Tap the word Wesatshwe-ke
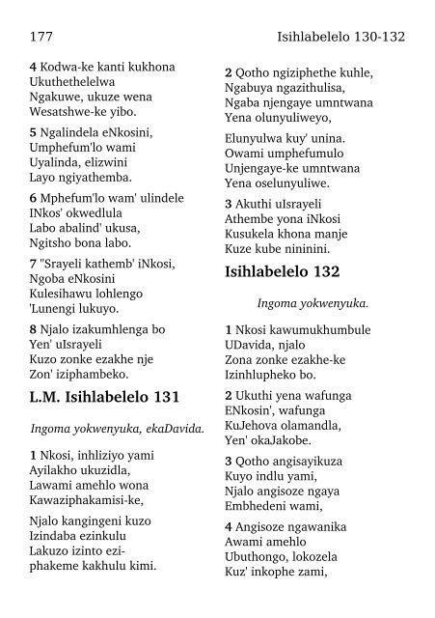(68, 119)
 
